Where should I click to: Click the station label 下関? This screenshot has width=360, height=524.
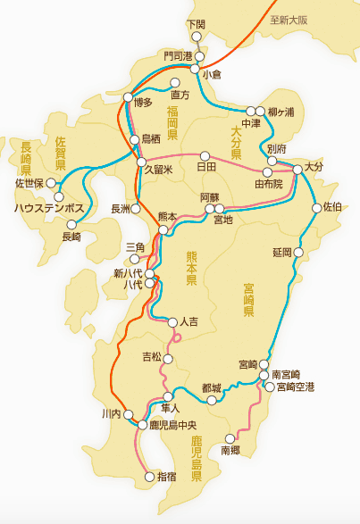coord(196,23)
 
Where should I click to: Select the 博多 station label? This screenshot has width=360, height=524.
coord(144,104)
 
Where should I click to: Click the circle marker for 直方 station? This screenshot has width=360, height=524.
coord(175,83)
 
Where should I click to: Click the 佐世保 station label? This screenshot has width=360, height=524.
coord(29,184)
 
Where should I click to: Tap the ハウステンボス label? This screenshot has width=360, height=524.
coord(48,207)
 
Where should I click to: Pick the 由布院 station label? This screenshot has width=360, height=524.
coord(268,184)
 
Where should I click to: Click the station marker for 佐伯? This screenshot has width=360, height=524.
coord(316,209)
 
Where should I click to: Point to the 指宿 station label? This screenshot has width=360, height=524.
coord(167,478)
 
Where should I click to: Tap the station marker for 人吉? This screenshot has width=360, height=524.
coord(172,321)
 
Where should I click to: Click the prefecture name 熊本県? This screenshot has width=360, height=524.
coord(191,268)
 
